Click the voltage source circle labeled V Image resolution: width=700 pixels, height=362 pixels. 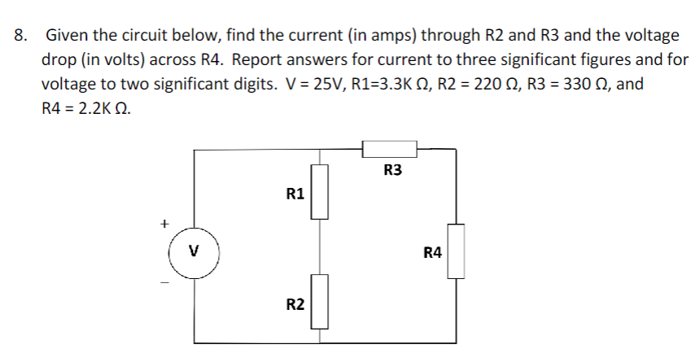[194, 251]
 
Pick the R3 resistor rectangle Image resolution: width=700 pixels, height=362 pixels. [389, 148]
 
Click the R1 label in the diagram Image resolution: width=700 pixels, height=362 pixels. [295, 194]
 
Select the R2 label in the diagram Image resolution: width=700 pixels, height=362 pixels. [295, 304]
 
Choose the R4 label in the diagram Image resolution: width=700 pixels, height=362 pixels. [432, 253]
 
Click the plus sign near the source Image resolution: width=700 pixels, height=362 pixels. [164, 221]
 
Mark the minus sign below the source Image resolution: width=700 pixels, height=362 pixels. [164, 282]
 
